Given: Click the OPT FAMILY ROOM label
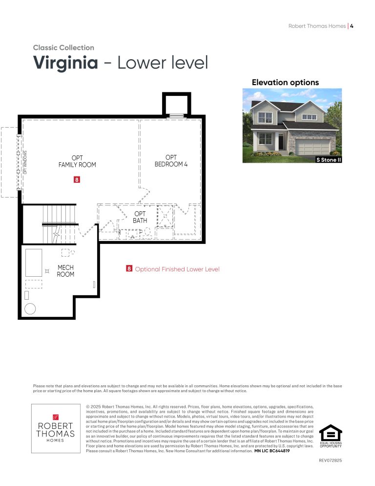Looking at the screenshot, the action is [x=77, y=161].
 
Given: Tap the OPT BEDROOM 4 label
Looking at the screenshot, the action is [x=171, y=160].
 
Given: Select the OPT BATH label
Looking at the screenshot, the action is [x=140, y=217].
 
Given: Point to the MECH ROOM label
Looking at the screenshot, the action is [x=65, y=270].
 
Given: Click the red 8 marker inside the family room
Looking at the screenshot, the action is [x=77, y=179].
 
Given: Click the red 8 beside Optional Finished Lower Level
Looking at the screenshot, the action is [x=129, y=268].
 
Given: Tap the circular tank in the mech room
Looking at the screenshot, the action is [x=30, y=309].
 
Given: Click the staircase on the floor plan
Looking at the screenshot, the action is [x=59, y=224].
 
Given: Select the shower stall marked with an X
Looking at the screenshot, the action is [x=165, y=216].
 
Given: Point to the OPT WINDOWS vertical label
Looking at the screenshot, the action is [x=25, y=162].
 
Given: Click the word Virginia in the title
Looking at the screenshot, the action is [x=65, y=63].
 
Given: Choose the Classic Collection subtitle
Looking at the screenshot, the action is [x=63, y=47].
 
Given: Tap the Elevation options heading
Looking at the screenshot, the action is [x=285, y=83].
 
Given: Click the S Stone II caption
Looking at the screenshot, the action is [x=329, y=159].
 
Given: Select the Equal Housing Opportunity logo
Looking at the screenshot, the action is [x=331, y=436].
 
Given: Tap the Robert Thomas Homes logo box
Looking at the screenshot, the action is [x=56, y=428].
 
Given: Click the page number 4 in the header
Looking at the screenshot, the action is [x=352, y=26].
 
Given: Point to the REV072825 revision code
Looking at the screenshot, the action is [x=331, y=460].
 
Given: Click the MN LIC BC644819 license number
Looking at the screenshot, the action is [x=272, y=451].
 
